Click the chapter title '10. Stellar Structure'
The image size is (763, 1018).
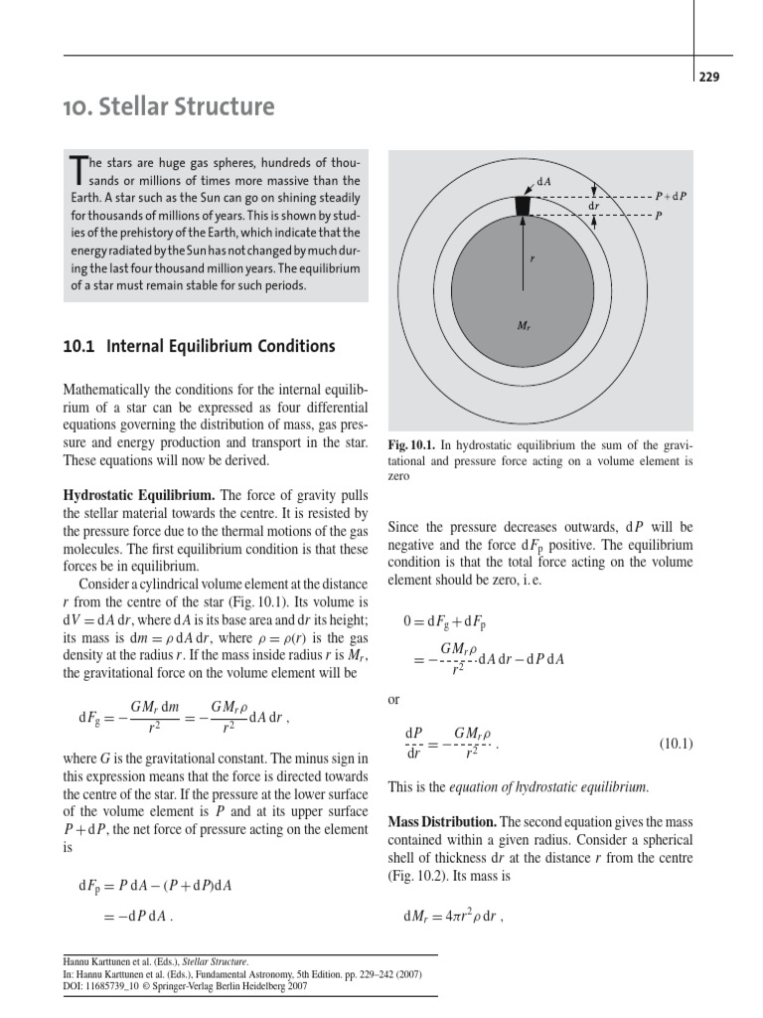click(x=170, y=106)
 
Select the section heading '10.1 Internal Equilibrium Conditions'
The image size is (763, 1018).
click(x=199, y=347)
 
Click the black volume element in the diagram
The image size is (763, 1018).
click(x=524, y=205)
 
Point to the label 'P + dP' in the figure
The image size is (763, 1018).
click(x=671, y=197)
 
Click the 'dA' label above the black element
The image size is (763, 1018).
click(x=543, y=182)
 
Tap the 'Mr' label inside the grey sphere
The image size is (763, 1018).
click(x=524, y=325)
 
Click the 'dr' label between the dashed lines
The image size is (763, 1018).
click(x=593, y=206)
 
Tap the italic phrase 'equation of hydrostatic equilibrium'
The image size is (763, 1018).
click(x=548, y=787)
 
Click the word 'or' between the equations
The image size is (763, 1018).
click(x=394, y=700)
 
